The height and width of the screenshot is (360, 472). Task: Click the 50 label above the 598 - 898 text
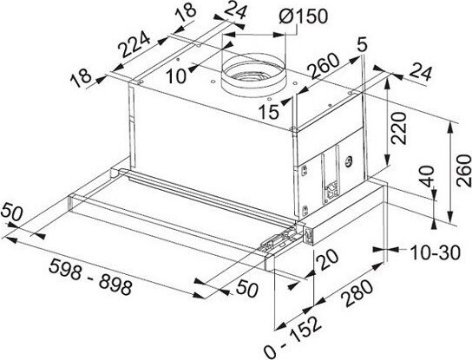(x=12, y=213)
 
